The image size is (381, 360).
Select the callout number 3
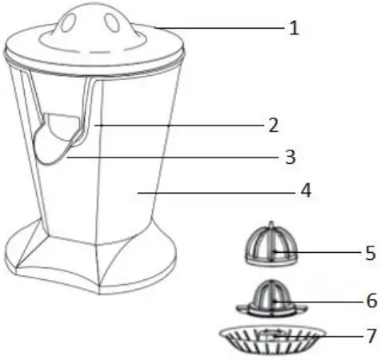point(291,158)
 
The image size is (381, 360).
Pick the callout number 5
point(370,254)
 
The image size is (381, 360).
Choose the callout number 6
point(370,302)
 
